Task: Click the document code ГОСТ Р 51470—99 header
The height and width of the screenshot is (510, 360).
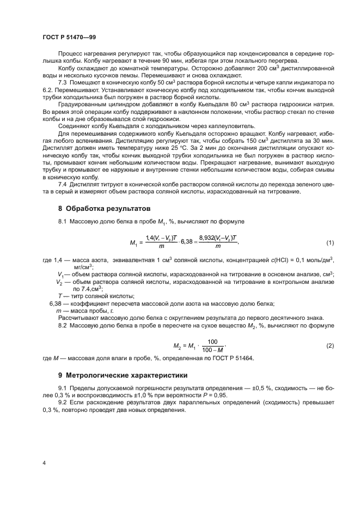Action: [x=69, y=37]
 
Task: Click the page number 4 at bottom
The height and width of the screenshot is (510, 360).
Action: [x=44, y=463]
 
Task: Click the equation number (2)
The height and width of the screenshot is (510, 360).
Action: [x=330, y=346]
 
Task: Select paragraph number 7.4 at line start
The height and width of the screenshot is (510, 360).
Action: [x=63, y=185]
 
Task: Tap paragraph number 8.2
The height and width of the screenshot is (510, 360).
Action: [x=63, y=325]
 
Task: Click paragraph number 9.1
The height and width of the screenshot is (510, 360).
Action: [x=63, y=388]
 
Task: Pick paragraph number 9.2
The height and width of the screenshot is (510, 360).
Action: [x=63, y=403]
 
